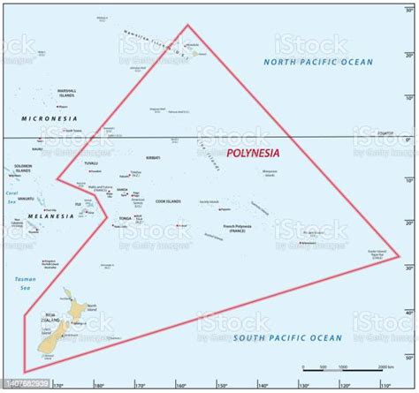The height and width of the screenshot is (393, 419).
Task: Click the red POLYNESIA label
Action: [x=253, y=152]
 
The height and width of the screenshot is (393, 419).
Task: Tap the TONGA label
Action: [x=124, y=217]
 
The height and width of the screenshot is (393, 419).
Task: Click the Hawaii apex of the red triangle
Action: [x=187, y=25]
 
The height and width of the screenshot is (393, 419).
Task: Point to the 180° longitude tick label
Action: [x=98, y=385]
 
